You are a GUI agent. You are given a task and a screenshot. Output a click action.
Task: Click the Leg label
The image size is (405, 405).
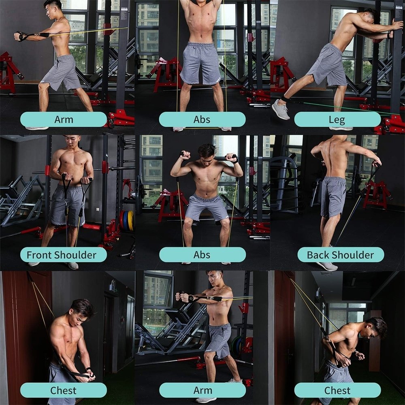click(x=337, y=119)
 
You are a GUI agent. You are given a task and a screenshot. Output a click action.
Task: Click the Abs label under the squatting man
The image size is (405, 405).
click(x=202, y=255)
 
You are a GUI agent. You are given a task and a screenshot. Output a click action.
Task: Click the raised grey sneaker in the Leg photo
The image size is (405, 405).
click(x=281, y=109)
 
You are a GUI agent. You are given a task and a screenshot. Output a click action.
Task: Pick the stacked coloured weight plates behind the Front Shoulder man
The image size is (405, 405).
click(x=127, y=221)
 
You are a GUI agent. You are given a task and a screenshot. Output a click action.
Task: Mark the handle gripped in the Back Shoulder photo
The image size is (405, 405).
click(x=376, y=165)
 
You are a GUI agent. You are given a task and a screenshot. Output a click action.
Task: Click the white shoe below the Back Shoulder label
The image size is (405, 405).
click(x=326, y=266)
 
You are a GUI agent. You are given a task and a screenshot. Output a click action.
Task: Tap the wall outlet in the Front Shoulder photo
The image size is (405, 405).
click(x=98, y=209)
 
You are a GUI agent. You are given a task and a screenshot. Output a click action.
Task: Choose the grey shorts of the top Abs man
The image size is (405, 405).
click(x=200, y=63)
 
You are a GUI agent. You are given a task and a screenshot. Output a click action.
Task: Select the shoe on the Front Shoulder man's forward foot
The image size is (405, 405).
click(x=73, y=266)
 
